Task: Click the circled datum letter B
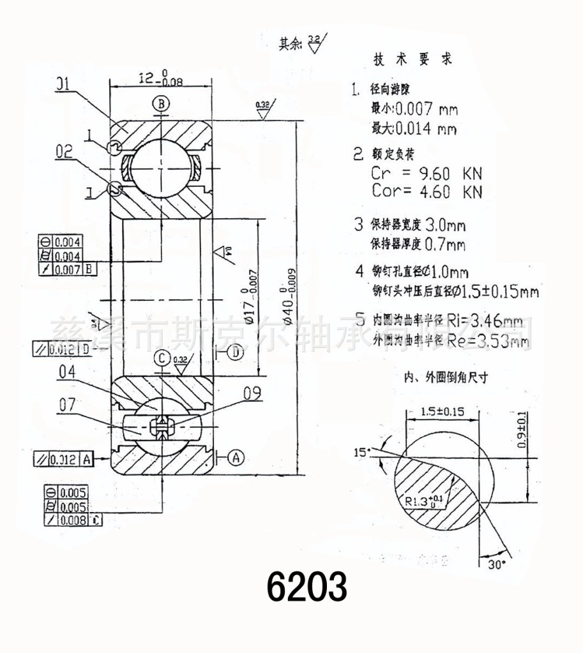(x=162, y=103)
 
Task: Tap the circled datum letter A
(x=236, y=457)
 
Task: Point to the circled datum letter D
(x=235, y=351)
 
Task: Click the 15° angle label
(x=362, y=452)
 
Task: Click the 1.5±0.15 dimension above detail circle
(x=443, y=411)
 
